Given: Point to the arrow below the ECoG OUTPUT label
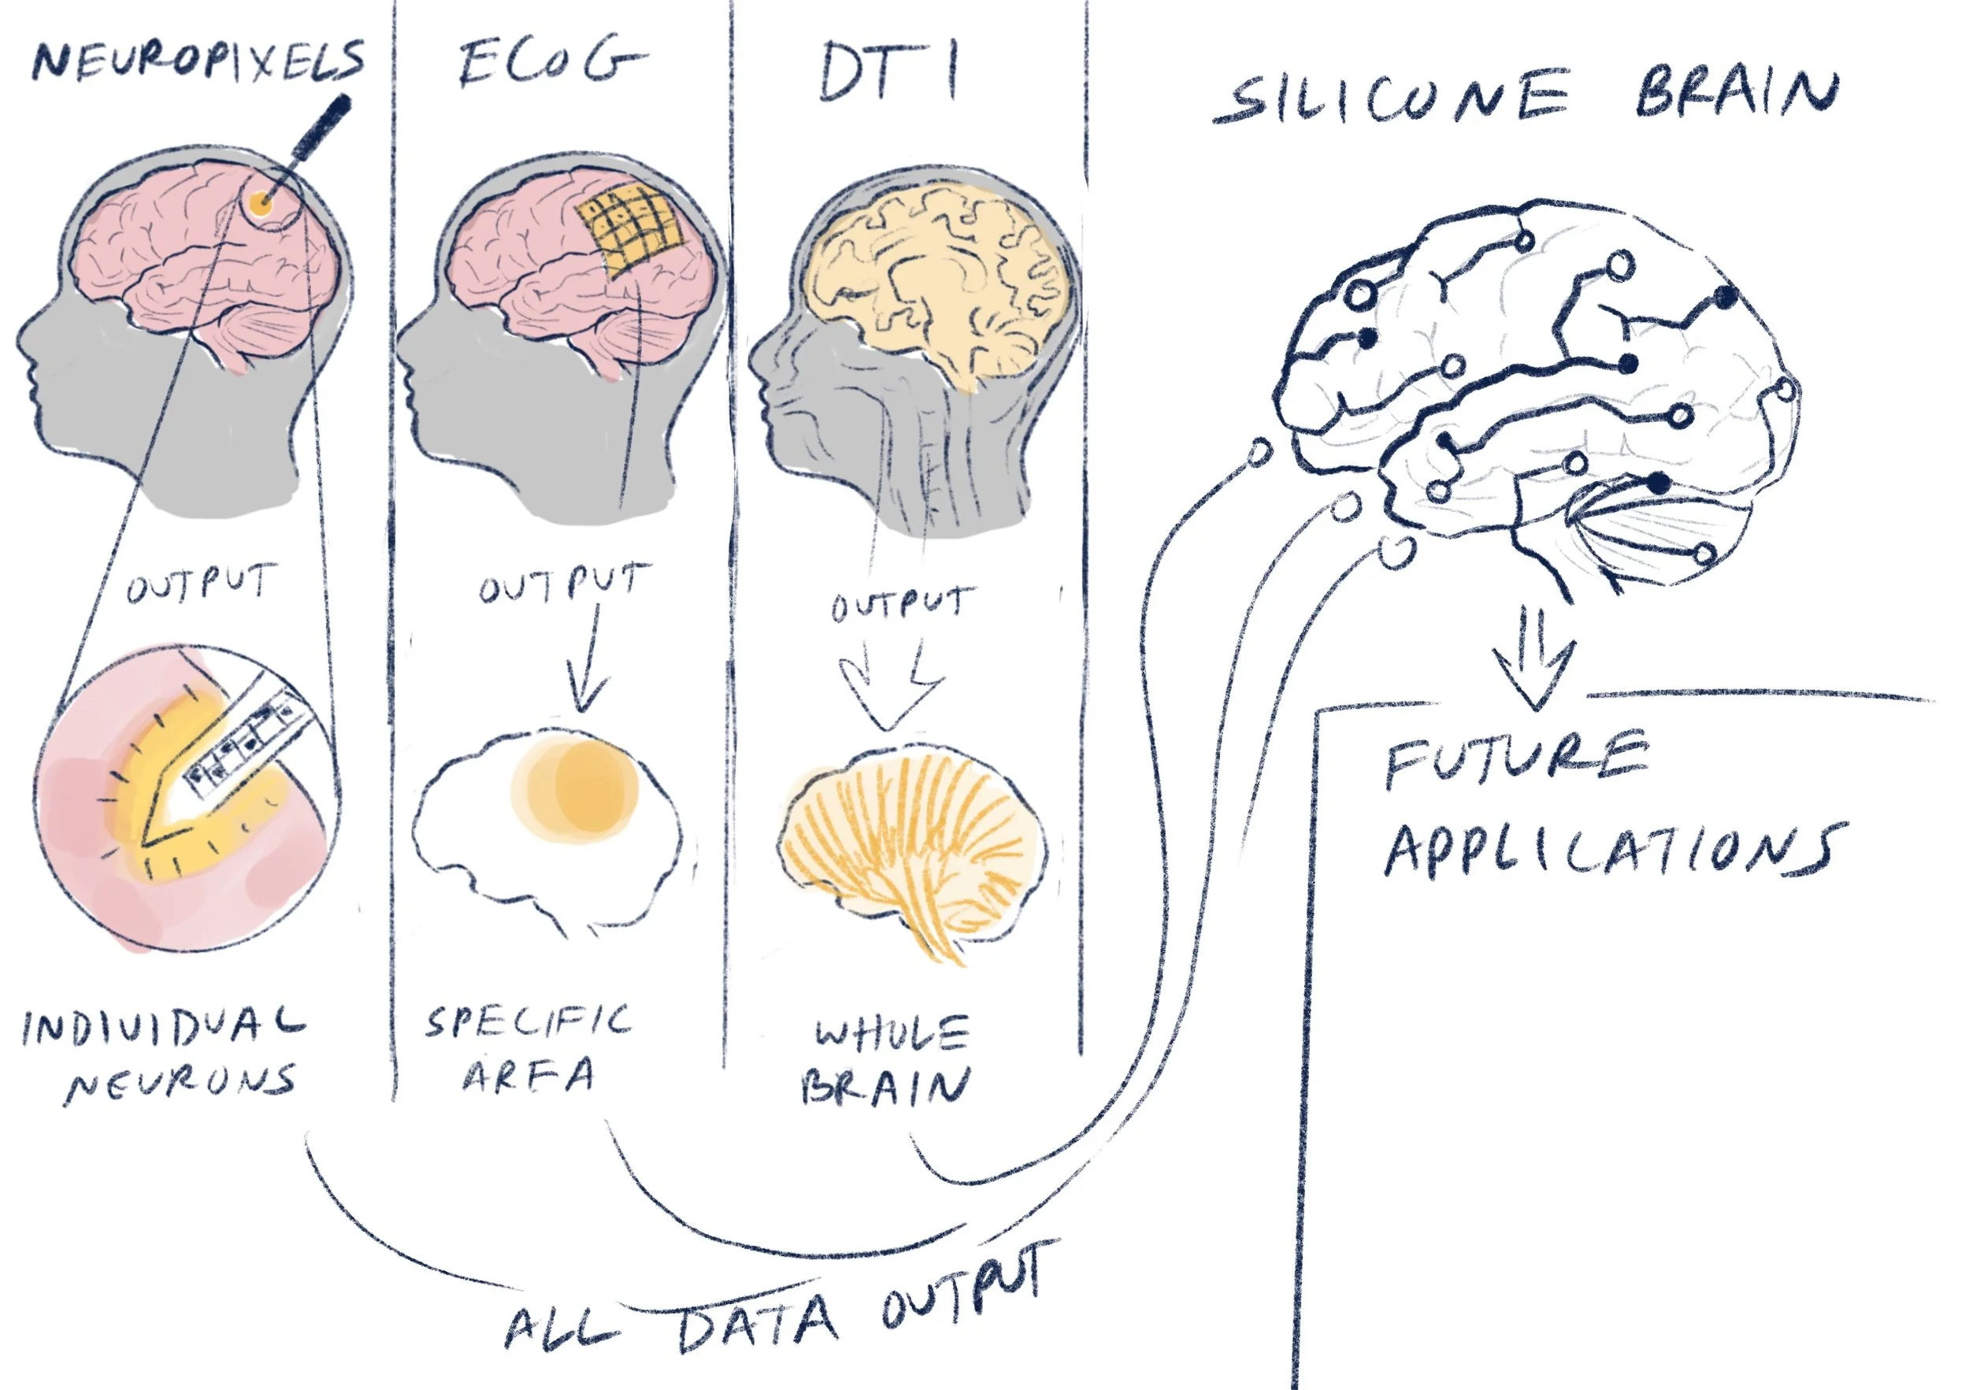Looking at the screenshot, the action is [587, 660].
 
